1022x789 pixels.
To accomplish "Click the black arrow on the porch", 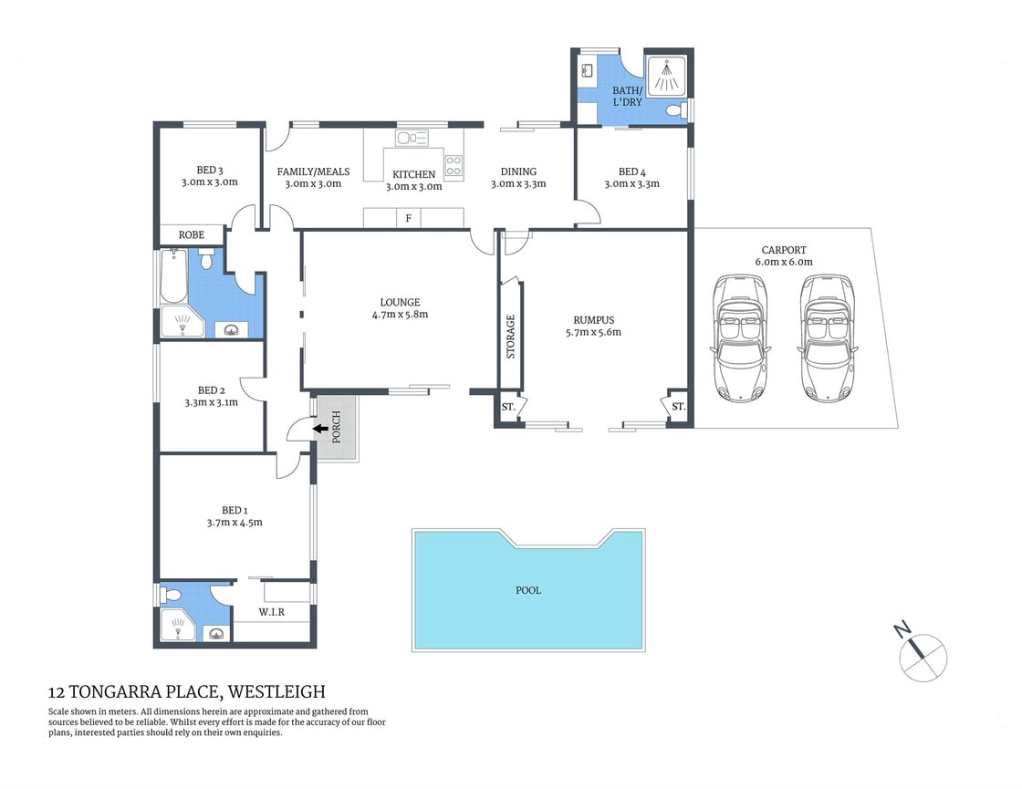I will click(x=320, y=428).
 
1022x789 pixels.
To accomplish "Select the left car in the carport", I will click(x=739, y=337).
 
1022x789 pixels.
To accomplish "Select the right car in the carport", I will click(x=829, y=337).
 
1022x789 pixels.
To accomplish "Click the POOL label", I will click(x=528, y=590).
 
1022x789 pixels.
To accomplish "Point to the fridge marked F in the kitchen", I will click(x=408, y=218).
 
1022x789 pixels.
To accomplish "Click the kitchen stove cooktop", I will click(x=454, y=165).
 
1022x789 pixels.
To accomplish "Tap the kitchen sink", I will click(x=412, y=138).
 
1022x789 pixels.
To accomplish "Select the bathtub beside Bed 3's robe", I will click(x=172, y=276).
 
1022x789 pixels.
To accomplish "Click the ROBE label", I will click(x=192, y=234).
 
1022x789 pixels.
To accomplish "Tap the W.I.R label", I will click(x=271, y=612).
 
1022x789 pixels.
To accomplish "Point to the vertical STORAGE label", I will click(x=511, y=335).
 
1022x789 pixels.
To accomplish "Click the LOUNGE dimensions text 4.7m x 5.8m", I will click(x=401, y=315).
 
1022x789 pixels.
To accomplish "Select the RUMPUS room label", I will click(x=593, y=320).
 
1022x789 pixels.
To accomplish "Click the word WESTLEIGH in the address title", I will click(x=276, y=692).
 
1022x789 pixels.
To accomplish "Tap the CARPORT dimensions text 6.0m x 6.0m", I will click(x=784, y=262).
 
